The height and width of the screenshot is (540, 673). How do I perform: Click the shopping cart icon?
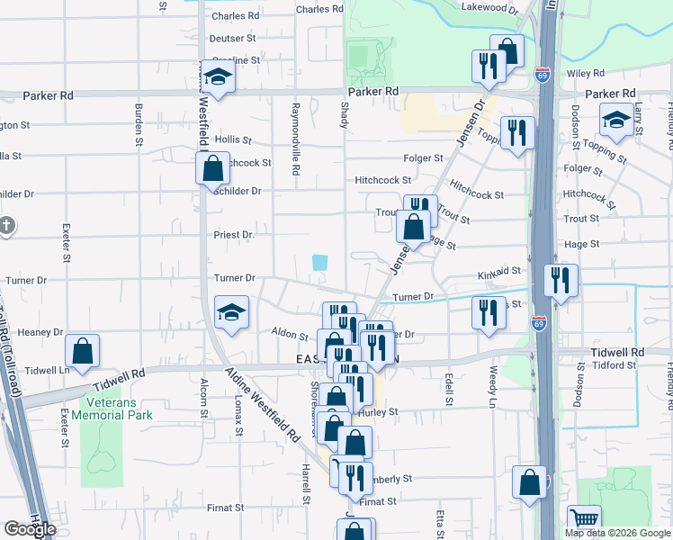click(x=585, y=518)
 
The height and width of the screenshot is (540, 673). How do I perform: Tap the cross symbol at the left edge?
click(x=5, y=225)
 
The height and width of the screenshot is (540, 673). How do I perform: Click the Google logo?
click(x=30, y=529)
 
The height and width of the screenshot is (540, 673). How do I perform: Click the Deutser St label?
click(x=233, y=39)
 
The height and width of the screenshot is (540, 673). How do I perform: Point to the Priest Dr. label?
click(x=234, y=234)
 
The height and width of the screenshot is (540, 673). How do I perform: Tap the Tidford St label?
click(x=614, y=364)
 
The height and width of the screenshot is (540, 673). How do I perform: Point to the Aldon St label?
click(x=290, y=334)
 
